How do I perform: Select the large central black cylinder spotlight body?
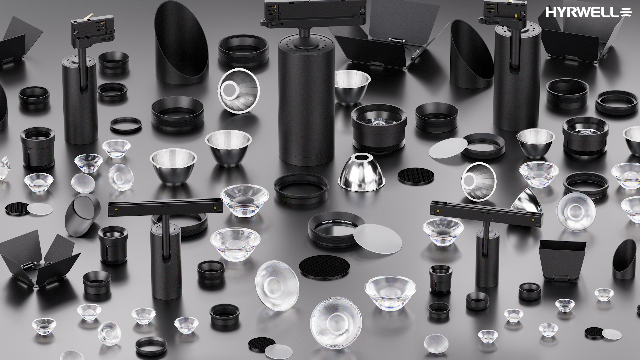pos(306,100)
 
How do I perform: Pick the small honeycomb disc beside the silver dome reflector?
pos(416,175)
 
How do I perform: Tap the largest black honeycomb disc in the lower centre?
pos(324,268)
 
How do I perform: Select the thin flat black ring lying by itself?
pos(126,125)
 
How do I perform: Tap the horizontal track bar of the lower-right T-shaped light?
pos(486,213)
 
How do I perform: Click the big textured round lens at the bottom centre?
pos(336,323)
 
